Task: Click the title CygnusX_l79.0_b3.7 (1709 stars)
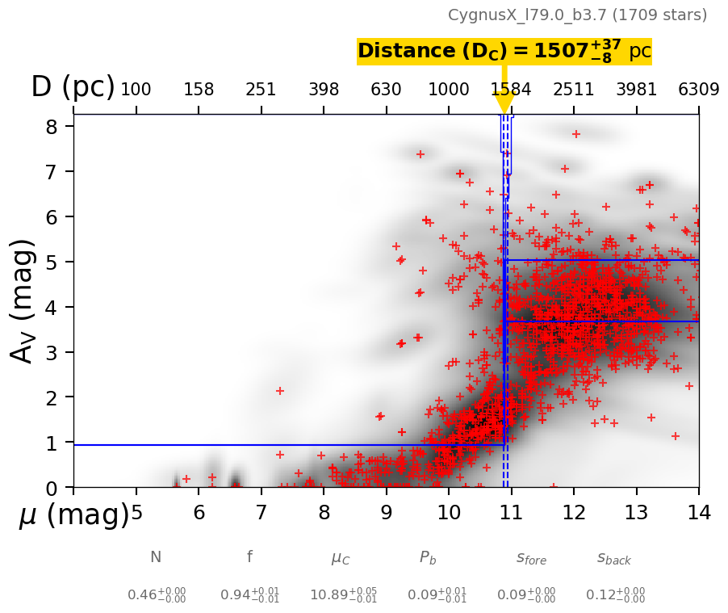(x=577, y=15)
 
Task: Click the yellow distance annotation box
(x=504, y=52)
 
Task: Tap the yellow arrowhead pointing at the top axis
(x=504, y=103)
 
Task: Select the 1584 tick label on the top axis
(x=511, y=90)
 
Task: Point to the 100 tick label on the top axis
(x=136, y=90)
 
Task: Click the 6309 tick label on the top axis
(x=698, y=90)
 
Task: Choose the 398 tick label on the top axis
(x=324, y=90)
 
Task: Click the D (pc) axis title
(x=73, y=87)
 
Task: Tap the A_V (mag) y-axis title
(x=25, y=300)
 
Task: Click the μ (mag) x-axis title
(x=73, y=515)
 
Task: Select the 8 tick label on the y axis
(x=51, y=127)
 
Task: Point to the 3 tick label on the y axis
(x=51, y=353)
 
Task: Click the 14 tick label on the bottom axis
(x=698, y=513)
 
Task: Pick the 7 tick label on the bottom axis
(x=261, y=513)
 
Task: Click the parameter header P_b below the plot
(x=428, y=558)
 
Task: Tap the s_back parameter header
(x=614, y=558)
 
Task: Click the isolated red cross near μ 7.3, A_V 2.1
(x=280, y=391)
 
